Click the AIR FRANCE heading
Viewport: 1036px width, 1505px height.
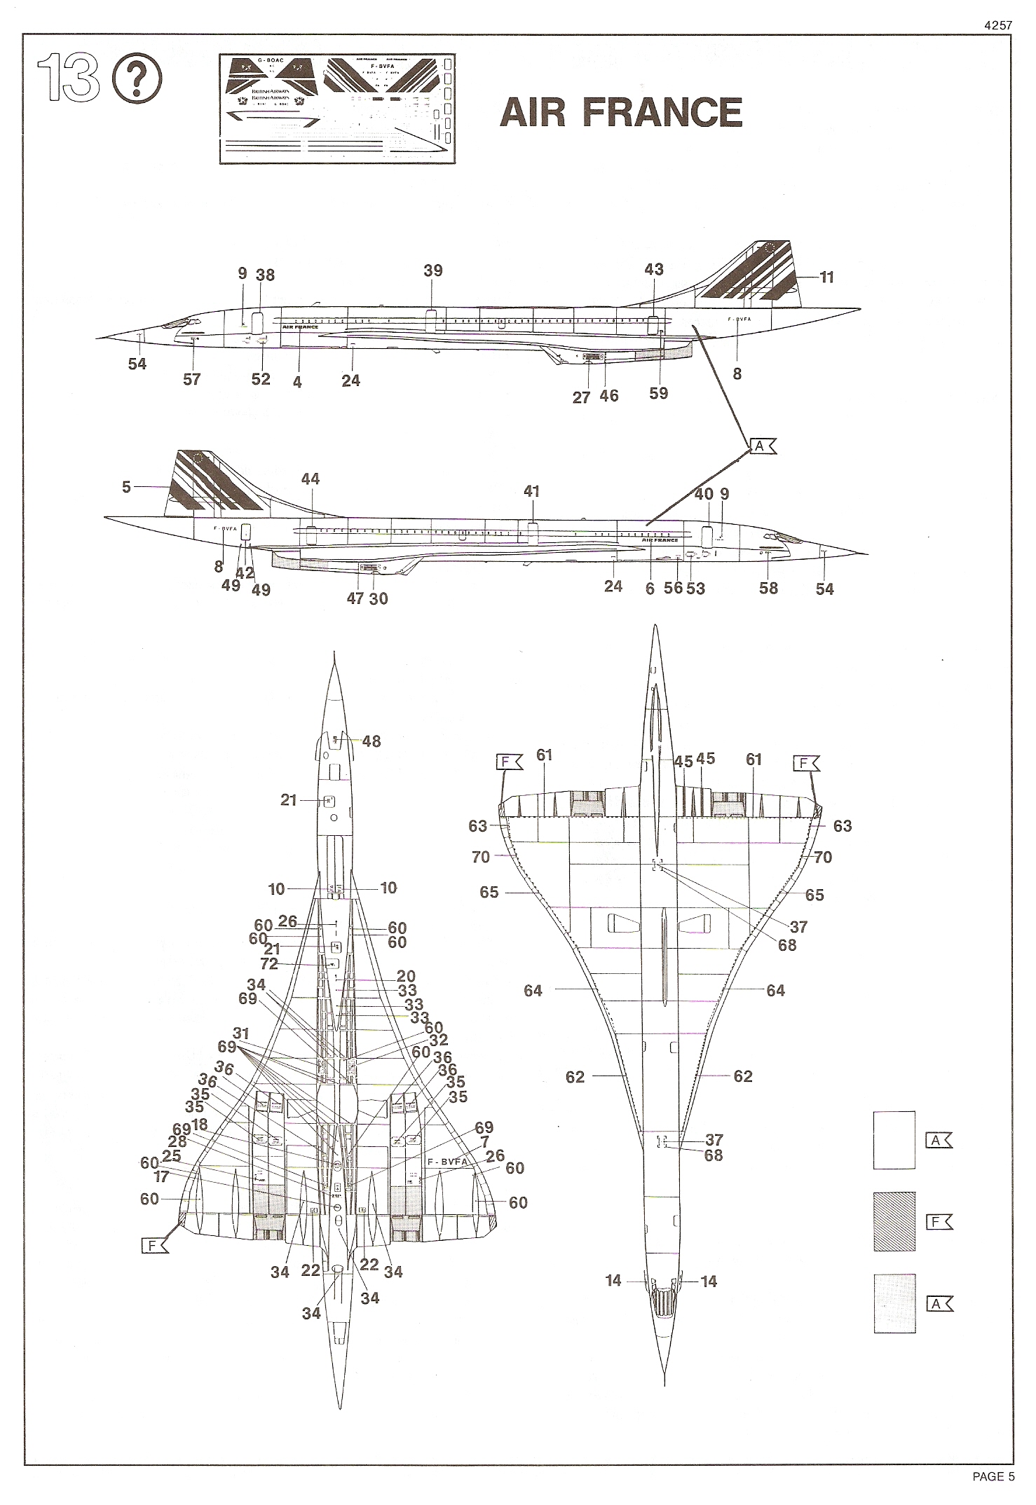620,113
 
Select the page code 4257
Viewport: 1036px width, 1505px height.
997,25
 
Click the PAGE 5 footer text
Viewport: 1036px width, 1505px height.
993,1476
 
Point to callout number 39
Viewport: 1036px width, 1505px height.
433,271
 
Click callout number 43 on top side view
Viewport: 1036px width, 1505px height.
653,270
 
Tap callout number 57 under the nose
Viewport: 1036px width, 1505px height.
191,379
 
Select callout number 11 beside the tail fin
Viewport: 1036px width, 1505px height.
827,277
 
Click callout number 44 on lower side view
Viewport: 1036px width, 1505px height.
310,479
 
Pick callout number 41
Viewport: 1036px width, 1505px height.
531,491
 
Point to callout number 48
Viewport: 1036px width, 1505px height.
372,741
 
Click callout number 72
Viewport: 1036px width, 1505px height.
269,964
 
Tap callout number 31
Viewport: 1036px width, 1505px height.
241,1033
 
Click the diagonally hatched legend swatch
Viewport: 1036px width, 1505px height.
894,1221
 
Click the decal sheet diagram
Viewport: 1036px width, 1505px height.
339,109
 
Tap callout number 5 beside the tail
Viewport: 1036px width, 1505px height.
126,486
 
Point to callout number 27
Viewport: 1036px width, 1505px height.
581,397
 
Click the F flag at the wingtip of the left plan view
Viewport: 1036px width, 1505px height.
154,1244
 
